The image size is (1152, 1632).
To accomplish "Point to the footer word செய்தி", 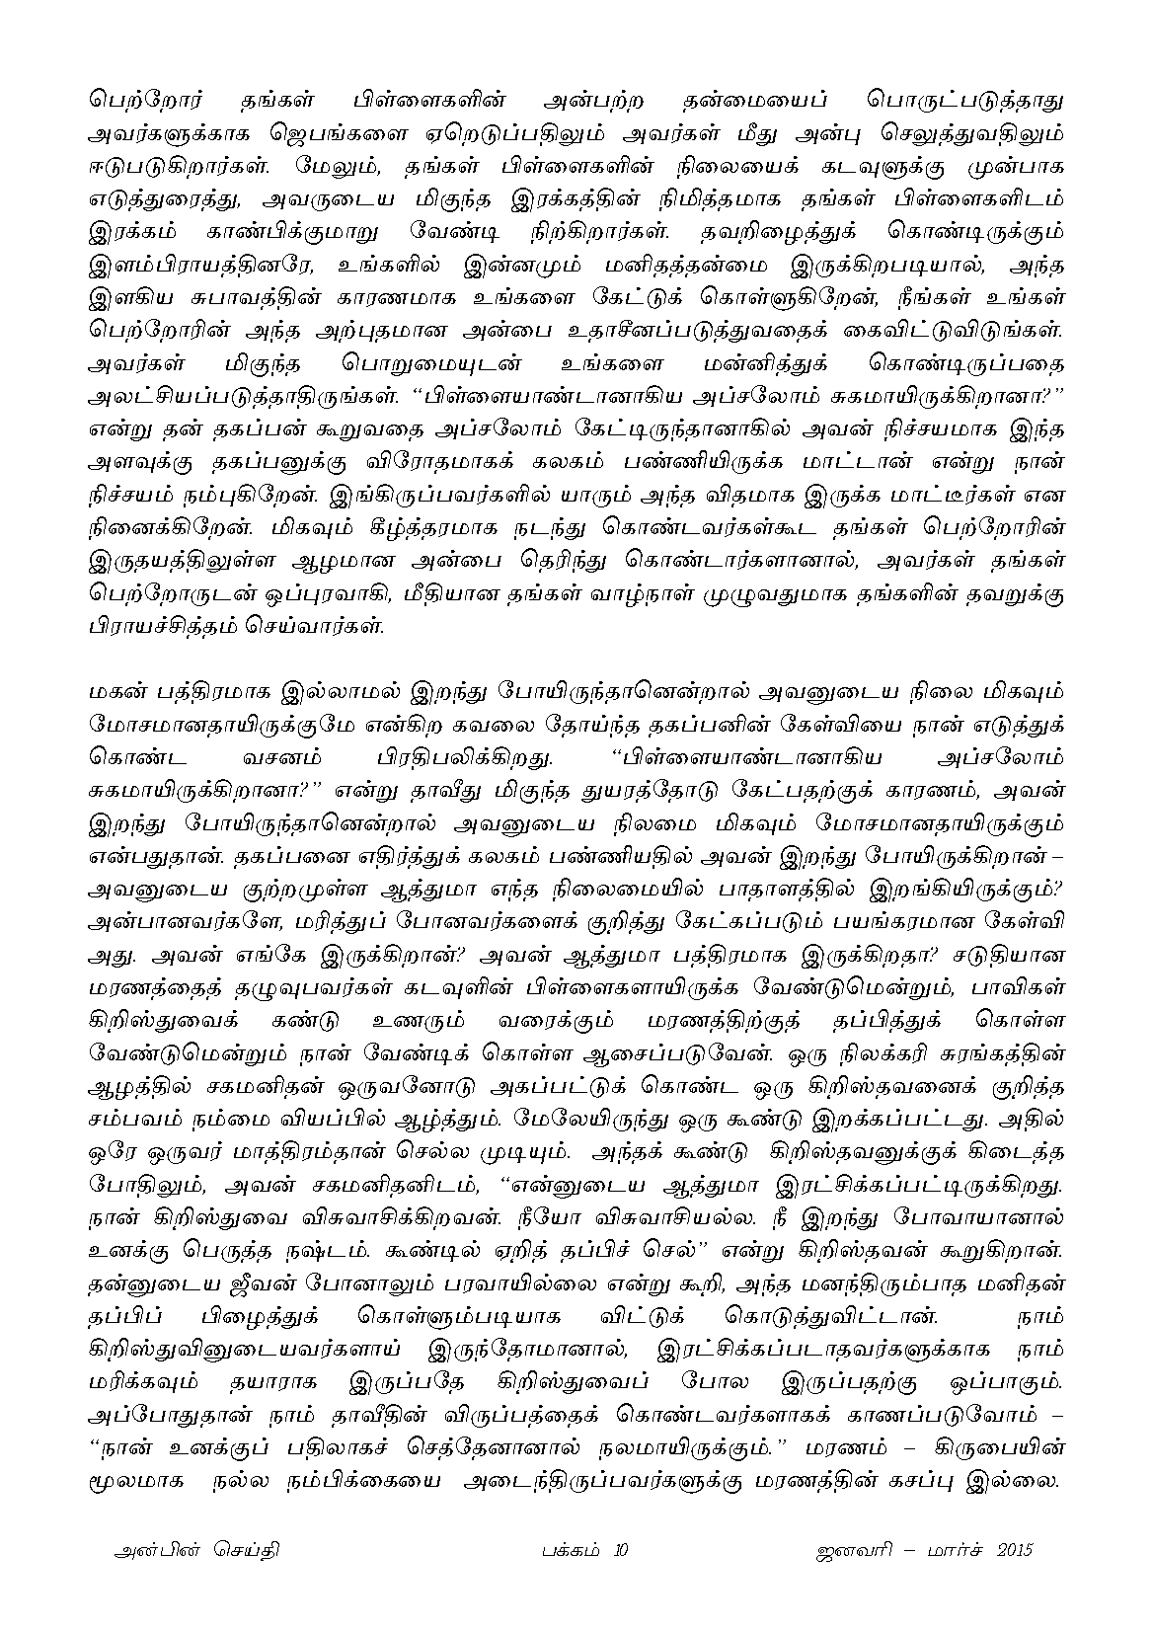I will (244, 1549).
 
